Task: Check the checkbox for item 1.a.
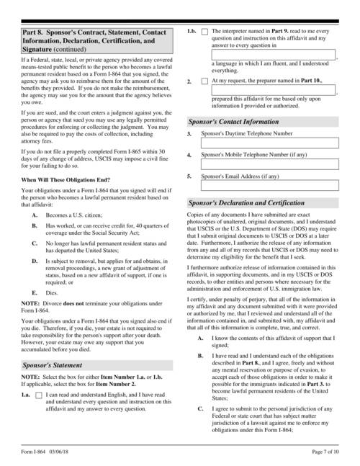38,395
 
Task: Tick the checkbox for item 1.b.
205,32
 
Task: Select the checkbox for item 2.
205,81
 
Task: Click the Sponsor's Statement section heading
51,365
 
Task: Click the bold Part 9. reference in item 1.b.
285,32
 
